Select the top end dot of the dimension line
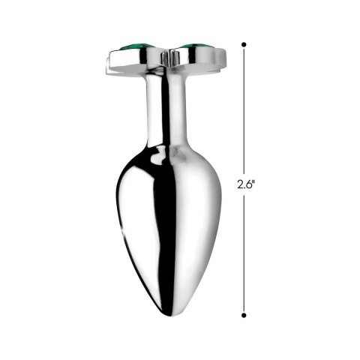pyautogui.click(x=244, y=45)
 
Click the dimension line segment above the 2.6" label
pyautogui.click(x=244, y=112)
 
